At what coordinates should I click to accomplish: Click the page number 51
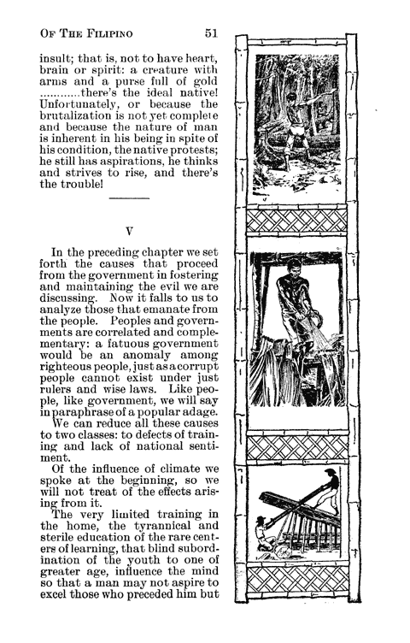click(x=213, y=33)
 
